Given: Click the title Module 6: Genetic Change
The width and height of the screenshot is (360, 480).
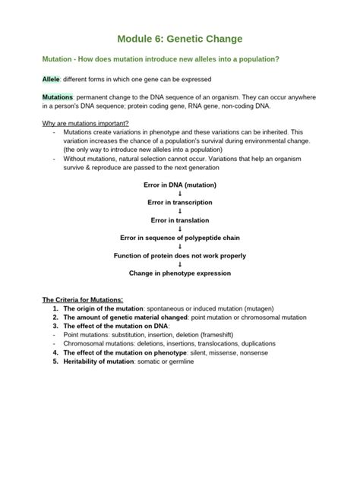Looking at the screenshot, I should point(179,38).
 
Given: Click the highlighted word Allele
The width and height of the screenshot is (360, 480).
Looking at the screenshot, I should point(51,79).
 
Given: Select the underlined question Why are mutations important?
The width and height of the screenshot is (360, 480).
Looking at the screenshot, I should point(85,123).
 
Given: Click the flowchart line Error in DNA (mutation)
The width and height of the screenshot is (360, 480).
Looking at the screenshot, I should point(180,185).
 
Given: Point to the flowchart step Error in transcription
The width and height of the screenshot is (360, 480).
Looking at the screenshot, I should point(180,203).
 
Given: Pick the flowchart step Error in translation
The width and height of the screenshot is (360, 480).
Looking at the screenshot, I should point(180,220).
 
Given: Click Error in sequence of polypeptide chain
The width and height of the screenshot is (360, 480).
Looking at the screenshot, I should point(180,238).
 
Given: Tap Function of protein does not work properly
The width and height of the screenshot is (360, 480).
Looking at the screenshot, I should point(180,255).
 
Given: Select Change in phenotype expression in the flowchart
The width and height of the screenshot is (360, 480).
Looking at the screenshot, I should point(180,273).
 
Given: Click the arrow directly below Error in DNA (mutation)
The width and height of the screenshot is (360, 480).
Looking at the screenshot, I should point(180,194).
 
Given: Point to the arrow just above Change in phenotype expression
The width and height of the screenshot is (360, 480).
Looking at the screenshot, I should point(180,264).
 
